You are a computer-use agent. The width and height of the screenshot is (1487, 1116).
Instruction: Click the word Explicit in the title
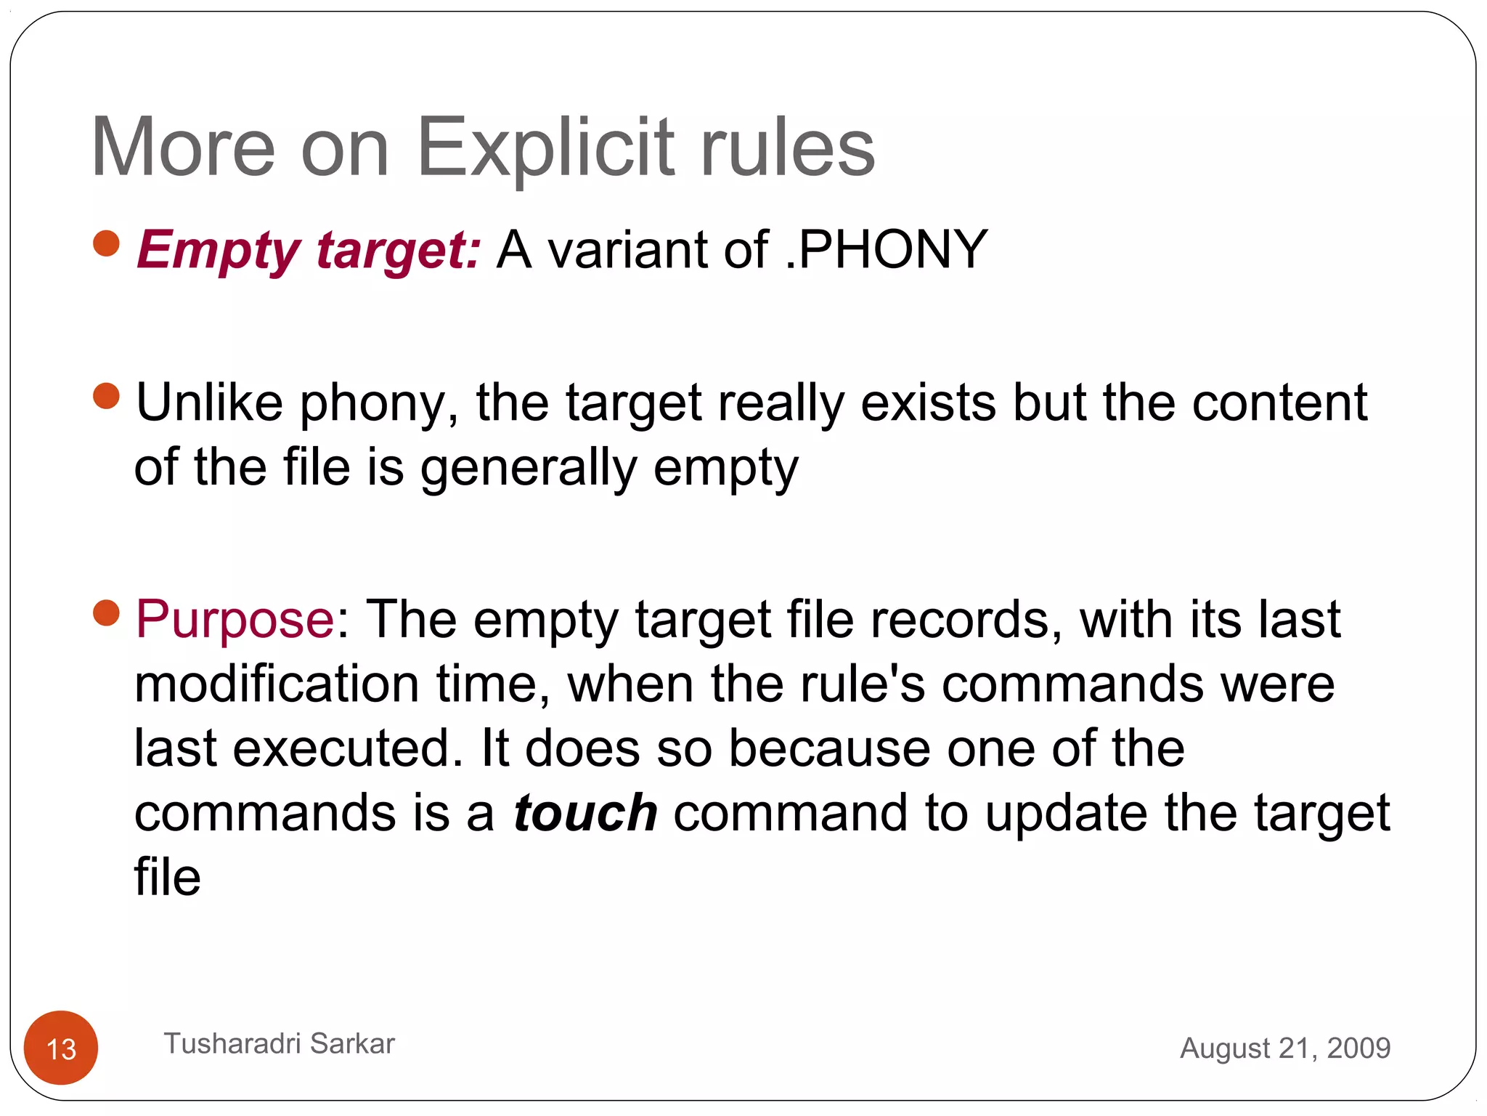(545, 149)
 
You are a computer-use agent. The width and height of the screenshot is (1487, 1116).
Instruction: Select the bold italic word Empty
(218, 251)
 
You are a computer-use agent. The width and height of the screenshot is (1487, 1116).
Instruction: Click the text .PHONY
(886, 249)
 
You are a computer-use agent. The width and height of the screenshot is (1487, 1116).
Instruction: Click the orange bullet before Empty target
(107, 243)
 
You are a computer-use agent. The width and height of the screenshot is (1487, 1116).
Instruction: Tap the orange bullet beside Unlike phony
(107, 396)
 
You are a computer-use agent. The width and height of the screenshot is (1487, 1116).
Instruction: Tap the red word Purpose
(235, 620)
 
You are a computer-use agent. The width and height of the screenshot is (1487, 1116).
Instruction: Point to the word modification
(277, 684)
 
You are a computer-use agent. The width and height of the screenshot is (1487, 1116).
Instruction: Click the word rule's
(862, 684)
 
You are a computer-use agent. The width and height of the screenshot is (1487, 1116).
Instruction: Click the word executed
(347, 748)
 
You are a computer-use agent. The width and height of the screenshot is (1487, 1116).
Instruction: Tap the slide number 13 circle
(61, 1048)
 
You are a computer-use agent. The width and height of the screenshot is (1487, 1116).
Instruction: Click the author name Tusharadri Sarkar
(279, 1043)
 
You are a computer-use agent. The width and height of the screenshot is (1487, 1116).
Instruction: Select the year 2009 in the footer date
(1358, 1048)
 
